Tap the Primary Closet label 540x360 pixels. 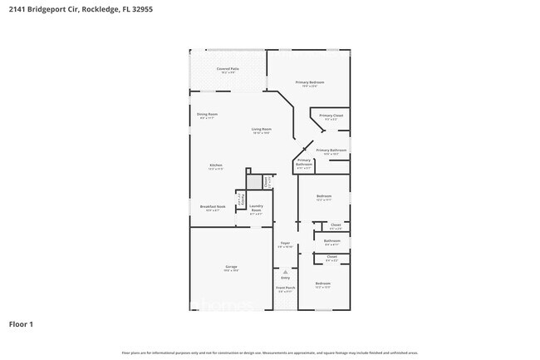point(331,116)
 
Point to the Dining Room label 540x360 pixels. point(207,115)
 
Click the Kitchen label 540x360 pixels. point(215,166)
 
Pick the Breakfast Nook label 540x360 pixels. point(213,207)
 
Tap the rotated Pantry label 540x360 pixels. point(240,200)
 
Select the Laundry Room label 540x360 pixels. point(257,208)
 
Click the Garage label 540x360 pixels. point(230,268)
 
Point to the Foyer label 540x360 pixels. point(284,244)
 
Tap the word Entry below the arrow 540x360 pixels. point(285,278)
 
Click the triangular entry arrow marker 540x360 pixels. point(285,270)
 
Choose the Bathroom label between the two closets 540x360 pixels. point(332,242)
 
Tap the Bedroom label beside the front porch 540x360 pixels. point(323,285)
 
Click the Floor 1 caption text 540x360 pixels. point(21,323)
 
